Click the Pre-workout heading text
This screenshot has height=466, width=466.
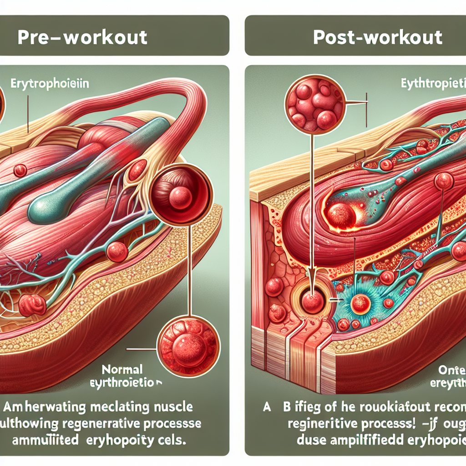[x=82, y=37]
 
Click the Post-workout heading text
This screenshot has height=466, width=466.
[x=378, y=37]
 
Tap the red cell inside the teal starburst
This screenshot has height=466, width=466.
[x=360, y=304]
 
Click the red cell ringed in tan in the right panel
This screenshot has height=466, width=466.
[x=314, y=301]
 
